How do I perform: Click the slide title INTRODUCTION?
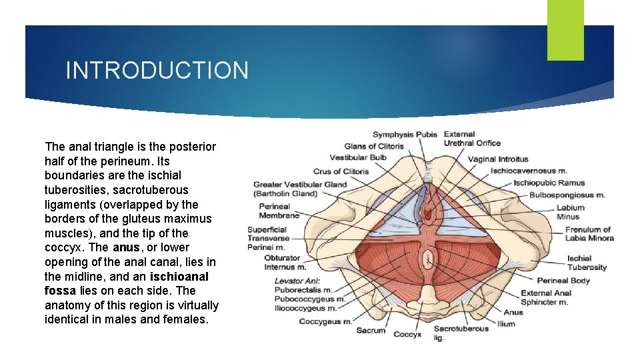pyautogui.click(x=157, y=70)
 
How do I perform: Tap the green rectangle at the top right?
pyautogui.click(x=565, y=29)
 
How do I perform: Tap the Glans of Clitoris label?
pyautogui.click(x=374, y=146)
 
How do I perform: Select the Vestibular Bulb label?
pyautogui.click(x=358, y=158)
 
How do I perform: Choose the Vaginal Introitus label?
pyautogui.click(x=498, y=159)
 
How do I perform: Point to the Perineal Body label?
pyautogui.click(x=563, y=281)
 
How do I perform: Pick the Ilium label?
pyautogui.click(x=507, y=324)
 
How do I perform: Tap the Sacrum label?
pyautogui.click(x=371, y=330)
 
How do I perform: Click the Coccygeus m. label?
pyautogui.click(x=326, y=321)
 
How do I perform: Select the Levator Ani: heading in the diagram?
pyautogui.click(x=297, y=281)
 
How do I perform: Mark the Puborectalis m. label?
pyautogui.click(x=303, y=290)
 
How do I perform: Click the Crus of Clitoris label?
pyautogui.click(x=341, y=171)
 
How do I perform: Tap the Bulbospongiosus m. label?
pyautogui.click(x=567, y=195)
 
